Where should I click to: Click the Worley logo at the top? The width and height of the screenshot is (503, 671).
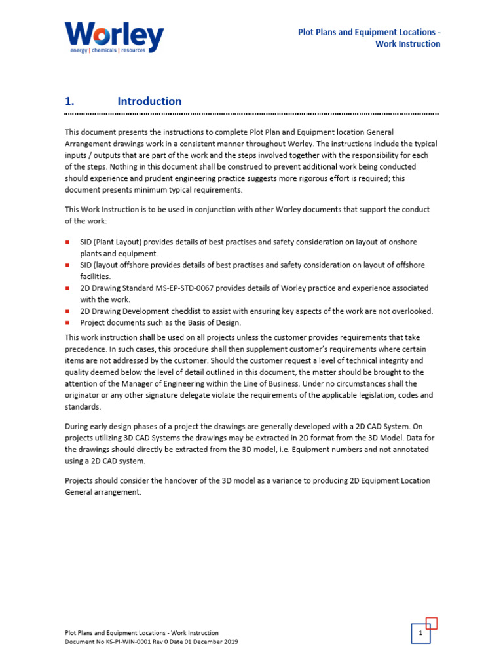tap(114, 36)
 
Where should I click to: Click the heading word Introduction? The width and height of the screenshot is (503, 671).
tap(149, 101)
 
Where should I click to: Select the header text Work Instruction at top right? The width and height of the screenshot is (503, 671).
tap(407, 44)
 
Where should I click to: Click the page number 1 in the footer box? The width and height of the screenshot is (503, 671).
tap(420, 634)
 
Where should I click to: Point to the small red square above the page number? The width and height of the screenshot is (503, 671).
tap(431, 623)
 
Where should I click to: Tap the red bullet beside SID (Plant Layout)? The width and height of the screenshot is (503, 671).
tap(67, 242)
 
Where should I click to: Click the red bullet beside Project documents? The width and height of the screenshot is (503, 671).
tap(67, 322)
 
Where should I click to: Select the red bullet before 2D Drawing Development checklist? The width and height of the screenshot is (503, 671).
tap(67, 311)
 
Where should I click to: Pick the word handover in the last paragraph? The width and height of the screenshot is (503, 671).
tap(168, 480)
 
